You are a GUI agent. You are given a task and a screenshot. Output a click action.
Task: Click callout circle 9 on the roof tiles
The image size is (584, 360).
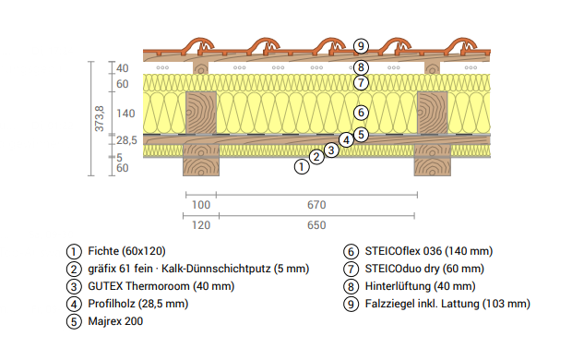click(x=361, y=46)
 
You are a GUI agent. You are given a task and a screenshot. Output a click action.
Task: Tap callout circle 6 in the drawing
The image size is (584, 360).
click(x=361, y=113)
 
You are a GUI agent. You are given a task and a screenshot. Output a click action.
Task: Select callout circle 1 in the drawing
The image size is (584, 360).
click(x=302, y=166)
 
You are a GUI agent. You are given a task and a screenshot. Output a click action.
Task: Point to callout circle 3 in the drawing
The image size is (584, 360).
click(x=331, y=150)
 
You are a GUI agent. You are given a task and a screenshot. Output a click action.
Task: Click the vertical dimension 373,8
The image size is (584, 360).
click(x=100, y=118)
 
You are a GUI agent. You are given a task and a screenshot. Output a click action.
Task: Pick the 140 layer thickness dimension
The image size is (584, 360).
click(x=125, y=114)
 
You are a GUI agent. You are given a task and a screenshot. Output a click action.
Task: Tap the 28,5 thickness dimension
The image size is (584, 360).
click(x=126, y=140)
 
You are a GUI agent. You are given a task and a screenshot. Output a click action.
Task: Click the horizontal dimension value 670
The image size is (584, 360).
click(x=316, y=205)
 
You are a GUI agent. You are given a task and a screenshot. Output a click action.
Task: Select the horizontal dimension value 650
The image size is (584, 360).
click(x=316, y=225)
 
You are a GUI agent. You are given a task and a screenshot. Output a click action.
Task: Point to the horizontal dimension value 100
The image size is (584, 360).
click(x=201, y=205)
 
